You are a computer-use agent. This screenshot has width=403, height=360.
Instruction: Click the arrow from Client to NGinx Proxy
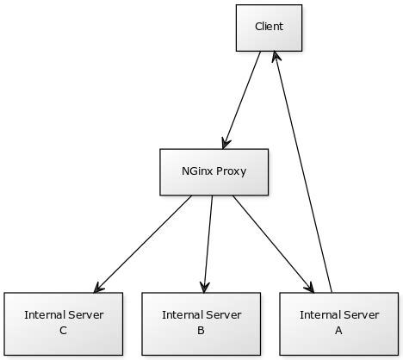(x=242, y=99)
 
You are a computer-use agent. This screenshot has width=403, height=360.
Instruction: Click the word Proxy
(x=232, y=171)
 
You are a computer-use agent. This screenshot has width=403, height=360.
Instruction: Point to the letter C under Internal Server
(x=64, y=330)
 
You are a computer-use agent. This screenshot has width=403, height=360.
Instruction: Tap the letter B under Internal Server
(x=201, y=330)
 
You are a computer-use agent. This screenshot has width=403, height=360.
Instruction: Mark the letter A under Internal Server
(x=338, y=330)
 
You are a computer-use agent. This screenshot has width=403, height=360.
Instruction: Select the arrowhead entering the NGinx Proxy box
(x=226, y=143)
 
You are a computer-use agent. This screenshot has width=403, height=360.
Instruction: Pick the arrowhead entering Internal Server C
(x=99, y=287)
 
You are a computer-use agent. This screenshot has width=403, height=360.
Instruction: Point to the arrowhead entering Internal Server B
(x=205, y=286)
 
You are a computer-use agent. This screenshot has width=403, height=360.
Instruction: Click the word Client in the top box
(x=269, y=27)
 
